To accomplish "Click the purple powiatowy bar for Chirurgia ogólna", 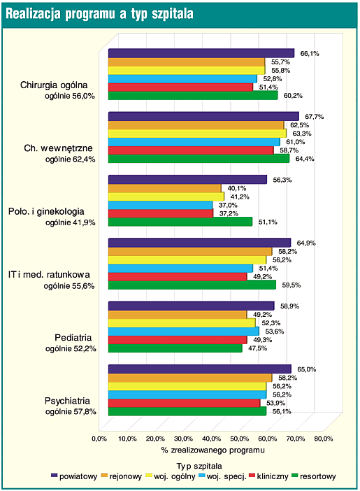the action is [x=201, y=53].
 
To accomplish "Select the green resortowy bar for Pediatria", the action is [x=175, y=348].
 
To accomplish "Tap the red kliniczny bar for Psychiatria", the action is [x=184, y=403].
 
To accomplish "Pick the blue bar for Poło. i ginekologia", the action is [x=160, y=205].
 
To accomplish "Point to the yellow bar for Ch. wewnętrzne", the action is [x=197, y=134].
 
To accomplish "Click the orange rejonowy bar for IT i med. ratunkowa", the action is [x=190, y=252].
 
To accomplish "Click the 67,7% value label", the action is [x=315, y=117].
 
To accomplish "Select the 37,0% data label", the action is [x=228, y=206].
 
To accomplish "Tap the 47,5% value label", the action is [x=258, y=348].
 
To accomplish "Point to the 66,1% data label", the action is [x=310, y=54].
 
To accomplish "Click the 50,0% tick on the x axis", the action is [x=240, y=439].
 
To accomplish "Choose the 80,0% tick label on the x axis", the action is [x=324, y=439].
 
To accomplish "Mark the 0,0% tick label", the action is [x=99, y=439].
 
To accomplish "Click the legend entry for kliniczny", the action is [x=268, y=476].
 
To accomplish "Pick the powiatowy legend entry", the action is [x=74, y=476].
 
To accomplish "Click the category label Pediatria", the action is [x=73, y=338].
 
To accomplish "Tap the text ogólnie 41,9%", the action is [x=71, y=222].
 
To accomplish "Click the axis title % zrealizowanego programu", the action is [x=213, y=450].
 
